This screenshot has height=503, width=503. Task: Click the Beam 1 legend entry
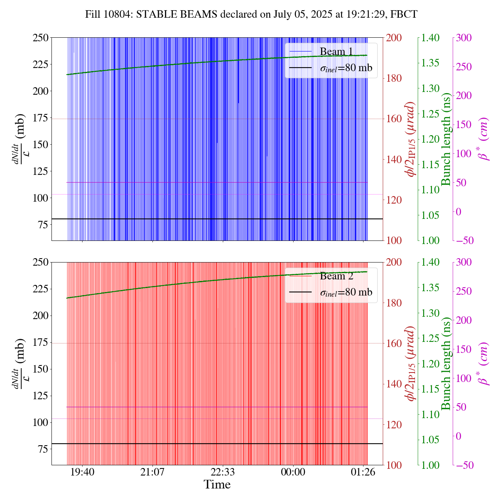[x=336, y=51]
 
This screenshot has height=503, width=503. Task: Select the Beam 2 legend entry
[x=336, y=276]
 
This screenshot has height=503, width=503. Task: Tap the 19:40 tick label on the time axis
[x=82, y=472]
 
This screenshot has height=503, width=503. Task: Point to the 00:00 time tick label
[x=293, y=472]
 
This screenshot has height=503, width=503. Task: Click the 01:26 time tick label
[x=363, y=472]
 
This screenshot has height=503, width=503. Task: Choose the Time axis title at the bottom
[x=217, y=485]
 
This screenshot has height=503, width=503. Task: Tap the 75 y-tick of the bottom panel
[x=44, y=449]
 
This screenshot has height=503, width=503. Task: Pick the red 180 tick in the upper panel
[x=394, y=78]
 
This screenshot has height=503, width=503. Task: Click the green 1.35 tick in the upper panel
[x=431, y=63]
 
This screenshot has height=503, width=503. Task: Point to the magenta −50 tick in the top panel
[x=464, y=240]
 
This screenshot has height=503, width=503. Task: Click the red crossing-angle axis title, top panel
[x=411, y=139]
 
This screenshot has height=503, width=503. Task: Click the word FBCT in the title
[x=405, y=15]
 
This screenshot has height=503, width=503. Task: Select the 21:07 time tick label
[x=152, y=472]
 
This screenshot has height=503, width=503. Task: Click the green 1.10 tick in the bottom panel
[x=431, y=414]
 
